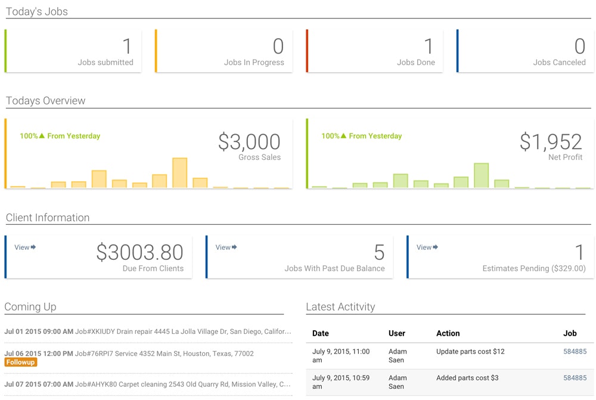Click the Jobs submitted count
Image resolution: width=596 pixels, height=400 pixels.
coord(127,46)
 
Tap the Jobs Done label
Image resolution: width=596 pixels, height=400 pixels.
coord(416,63)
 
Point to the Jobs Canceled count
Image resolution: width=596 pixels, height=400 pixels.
coord(579,46)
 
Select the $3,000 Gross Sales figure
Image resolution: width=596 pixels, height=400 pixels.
coord(249,142)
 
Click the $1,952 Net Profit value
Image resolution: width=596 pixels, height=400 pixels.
coord(551,142)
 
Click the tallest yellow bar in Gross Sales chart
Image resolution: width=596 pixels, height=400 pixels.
coord(179,173)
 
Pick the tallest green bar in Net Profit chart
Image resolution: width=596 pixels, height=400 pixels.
coord(481,175)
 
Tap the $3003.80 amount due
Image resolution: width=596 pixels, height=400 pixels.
coord(139,253)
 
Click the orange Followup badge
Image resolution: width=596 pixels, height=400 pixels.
coord(21,362)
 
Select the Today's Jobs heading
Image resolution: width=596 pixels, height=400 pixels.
coord(37,11)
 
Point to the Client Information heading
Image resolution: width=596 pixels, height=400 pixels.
coord(48,218)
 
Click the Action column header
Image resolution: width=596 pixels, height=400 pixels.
coord(448,333)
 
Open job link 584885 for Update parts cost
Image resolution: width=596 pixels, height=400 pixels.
coord(575,352)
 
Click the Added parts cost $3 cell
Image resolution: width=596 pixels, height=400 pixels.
coord(467,378)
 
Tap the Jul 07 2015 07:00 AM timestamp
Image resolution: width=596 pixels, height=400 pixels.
coord(39,385)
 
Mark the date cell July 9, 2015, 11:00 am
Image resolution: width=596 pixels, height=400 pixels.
coord(341,356)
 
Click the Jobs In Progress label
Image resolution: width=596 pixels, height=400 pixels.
coord(254,63)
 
